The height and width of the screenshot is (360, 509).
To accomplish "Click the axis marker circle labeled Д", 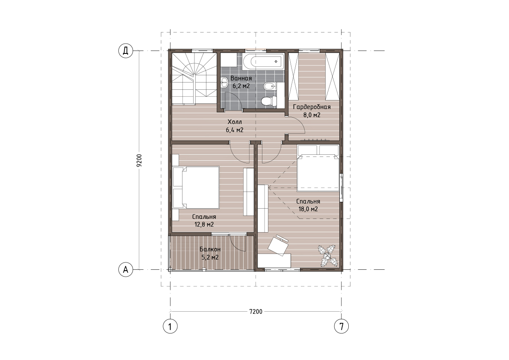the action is tap(126, 51).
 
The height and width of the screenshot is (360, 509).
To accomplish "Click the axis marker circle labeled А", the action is tap(126, 269).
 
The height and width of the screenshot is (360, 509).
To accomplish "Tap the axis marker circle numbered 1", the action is tap(170, 326).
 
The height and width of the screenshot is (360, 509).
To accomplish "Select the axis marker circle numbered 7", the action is tap(341, 326).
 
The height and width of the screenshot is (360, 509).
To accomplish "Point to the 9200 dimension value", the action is tap(139, 160).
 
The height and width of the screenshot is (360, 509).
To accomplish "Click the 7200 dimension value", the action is tap(256, 312).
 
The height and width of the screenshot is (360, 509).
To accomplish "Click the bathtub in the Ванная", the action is tap(263, 61).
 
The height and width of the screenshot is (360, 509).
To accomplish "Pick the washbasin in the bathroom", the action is tap(225, 83).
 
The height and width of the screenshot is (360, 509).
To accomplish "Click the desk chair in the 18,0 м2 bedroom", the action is tap(279, 245).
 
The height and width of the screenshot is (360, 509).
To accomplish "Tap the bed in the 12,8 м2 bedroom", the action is tap(196, 187).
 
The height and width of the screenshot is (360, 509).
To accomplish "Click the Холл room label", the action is tap(235, 122).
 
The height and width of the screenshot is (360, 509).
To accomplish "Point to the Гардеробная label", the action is tap(312, 107).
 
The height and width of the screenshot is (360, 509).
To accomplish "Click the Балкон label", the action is tap(210, 249).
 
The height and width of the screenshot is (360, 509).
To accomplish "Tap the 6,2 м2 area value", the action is tap(241, 86).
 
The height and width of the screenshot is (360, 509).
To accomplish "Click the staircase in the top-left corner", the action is tap(194, 79).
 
